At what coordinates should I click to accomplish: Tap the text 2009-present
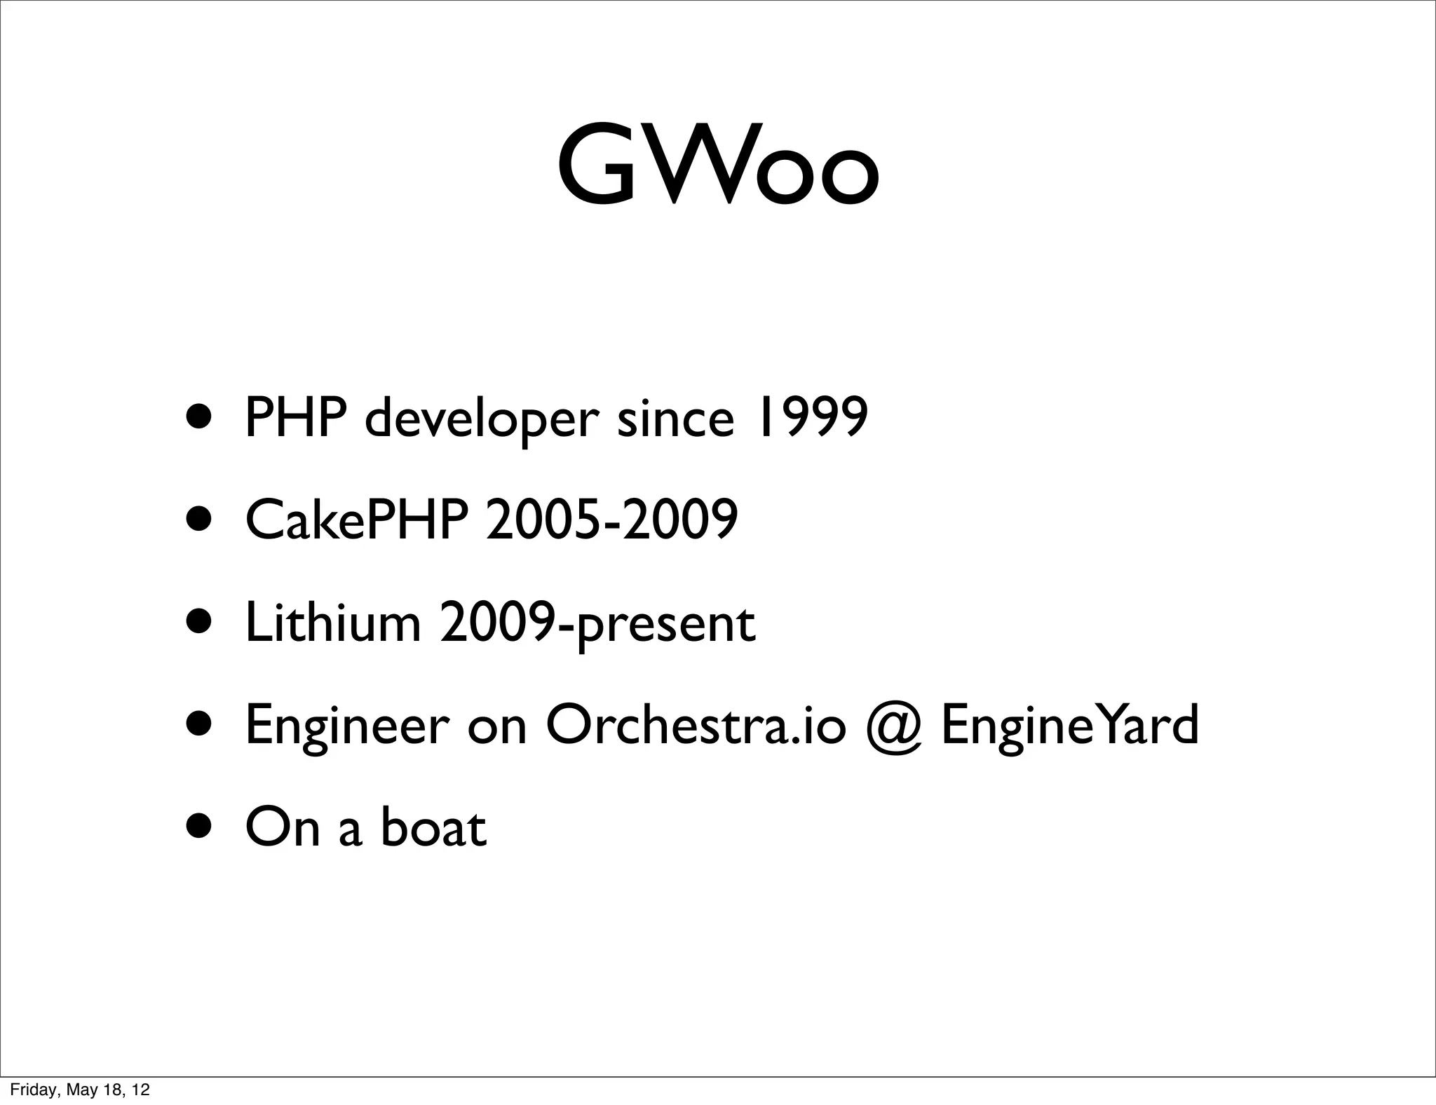pos(597,624)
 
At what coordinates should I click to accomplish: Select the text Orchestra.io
pos(696,725)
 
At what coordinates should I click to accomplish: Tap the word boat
pos(433,827)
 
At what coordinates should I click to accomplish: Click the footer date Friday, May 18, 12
pos(79,1090)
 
